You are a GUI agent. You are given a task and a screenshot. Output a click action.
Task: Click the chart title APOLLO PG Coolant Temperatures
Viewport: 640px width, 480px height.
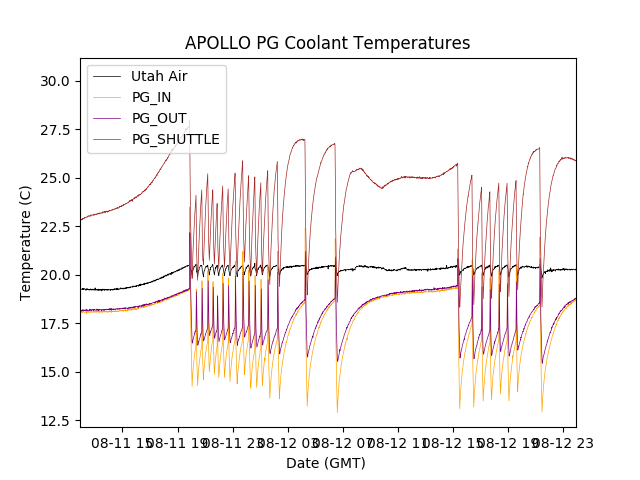(327, 43)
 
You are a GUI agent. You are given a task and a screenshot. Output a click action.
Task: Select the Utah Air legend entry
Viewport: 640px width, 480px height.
(159, 76)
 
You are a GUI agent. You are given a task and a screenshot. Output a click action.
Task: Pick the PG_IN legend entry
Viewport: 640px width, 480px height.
(152, 97)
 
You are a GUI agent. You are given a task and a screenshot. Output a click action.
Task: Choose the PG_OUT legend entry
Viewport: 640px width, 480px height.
(158, 118)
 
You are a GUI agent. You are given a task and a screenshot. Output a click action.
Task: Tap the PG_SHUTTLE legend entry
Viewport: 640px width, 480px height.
(175, 139)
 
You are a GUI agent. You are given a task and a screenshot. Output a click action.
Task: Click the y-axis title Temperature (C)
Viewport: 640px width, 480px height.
(26, 243)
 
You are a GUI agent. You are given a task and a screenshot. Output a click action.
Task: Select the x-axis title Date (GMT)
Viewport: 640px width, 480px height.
(326, 463)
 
